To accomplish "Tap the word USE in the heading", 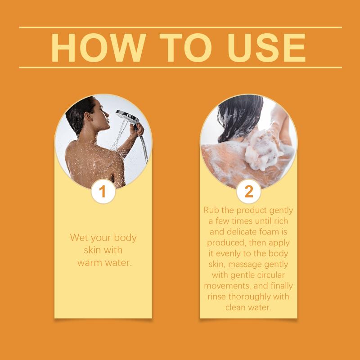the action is (266, 48).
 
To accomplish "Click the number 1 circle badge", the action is (103, 191).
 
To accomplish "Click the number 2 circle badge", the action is (249, 191).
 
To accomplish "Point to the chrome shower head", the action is (128, 117).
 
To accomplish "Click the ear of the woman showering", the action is (88, 117).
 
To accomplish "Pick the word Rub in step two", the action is (211, 210).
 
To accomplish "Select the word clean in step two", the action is (235, 307).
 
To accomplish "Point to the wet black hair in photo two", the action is (240, 117).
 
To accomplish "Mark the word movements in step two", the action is (228, 286).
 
